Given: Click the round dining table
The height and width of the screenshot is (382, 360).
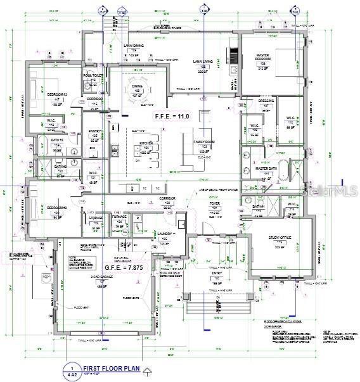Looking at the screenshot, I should (x=138, y=84).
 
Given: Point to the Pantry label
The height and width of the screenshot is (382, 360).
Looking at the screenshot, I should (x=96, y=134).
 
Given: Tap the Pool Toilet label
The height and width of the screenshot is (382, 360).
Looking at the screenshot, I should (x=93, y=78).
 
